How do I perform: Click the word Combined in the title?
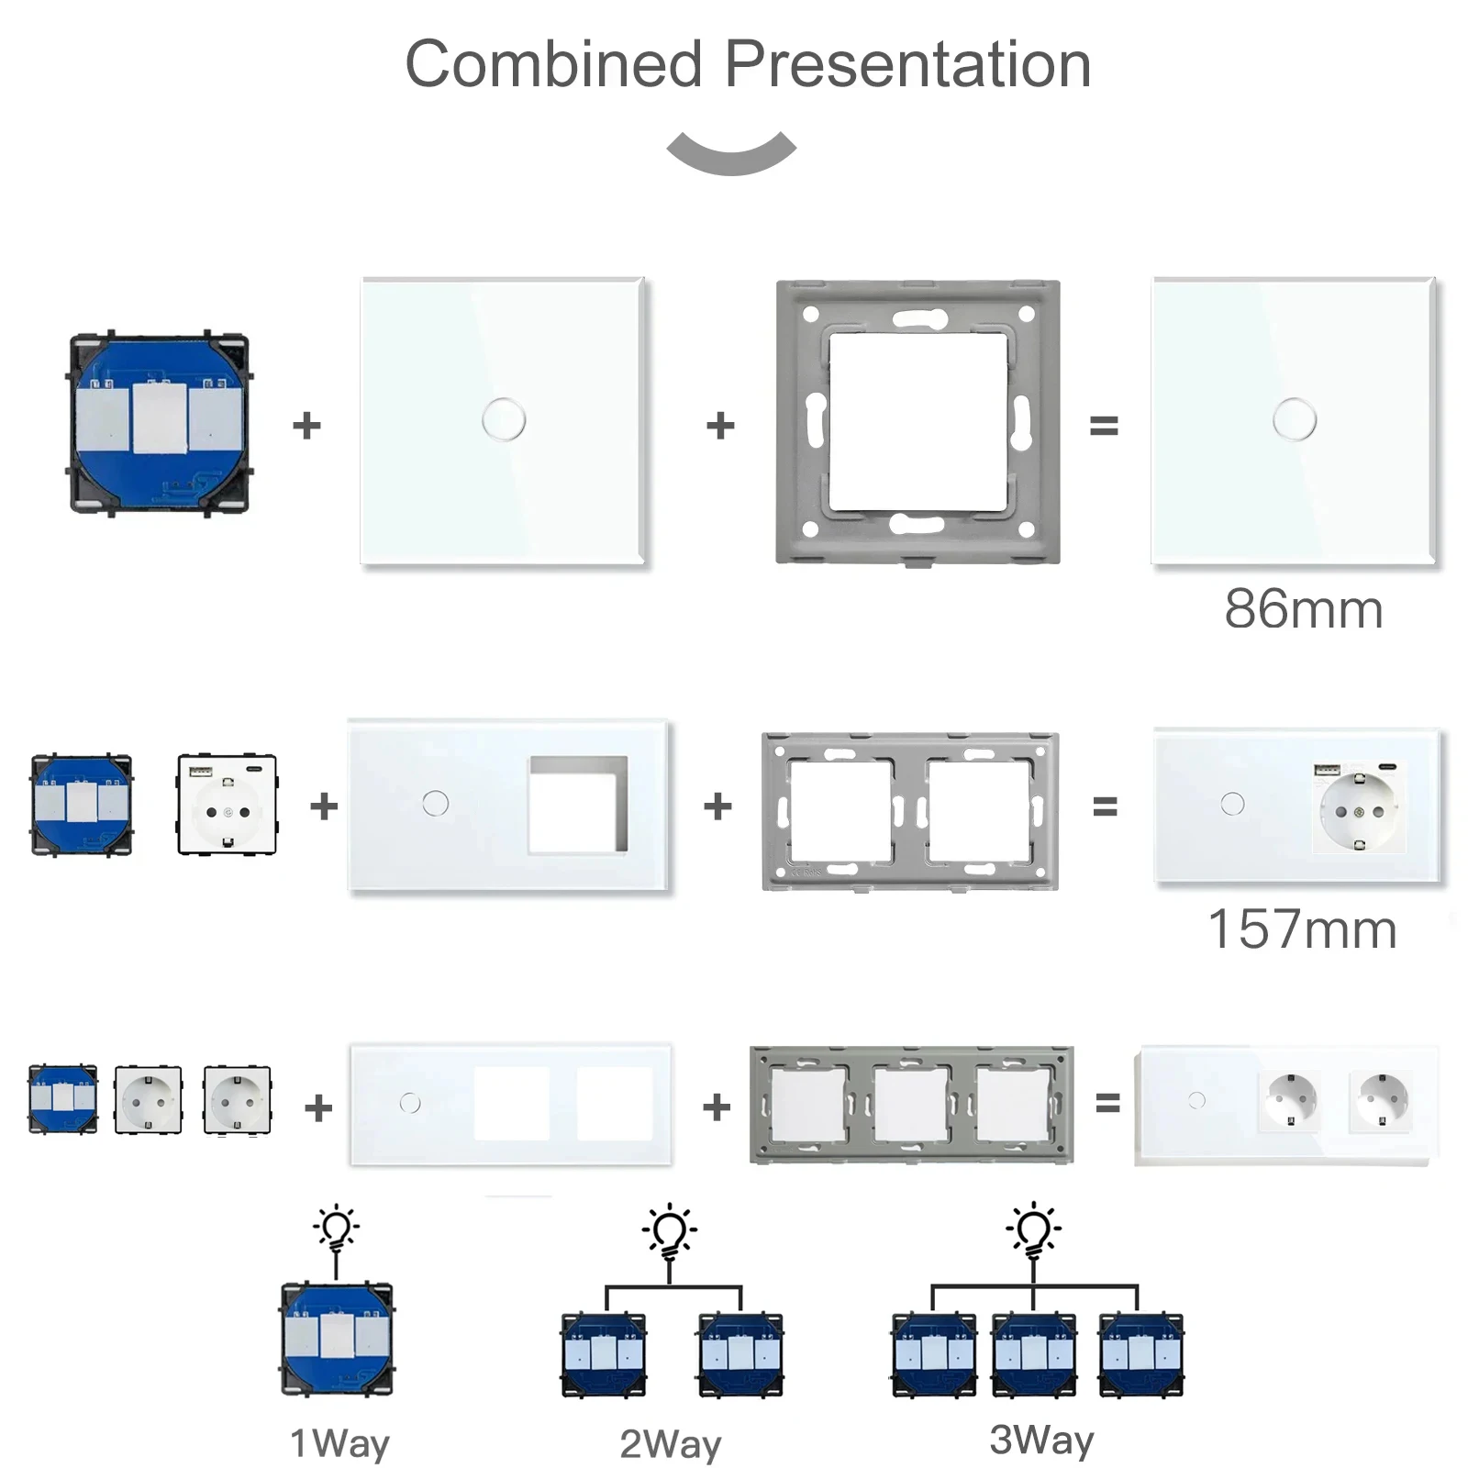(553, 65)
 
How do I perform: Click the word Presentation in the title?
(907, 65)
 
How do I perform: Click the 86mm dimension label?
(1303, 609)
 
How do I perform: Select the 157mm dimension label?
(1302, 929)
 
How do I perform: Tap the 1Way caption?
(339, 1443)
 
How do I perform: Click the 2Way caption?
(671, 1443)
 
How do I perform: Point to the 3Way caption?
(1041, 1440)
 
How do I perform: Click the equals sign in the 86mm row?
(1104, 425)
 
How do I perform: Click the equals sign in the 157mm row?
(1105, 806)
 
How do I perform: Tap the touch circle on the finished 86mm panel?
(1295, 420)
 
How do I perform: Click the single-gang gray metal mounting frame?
(917, 423)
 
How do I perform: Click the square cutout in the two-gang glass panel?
(578, 805)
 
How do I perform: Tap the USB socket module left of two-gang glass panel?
(227, 805)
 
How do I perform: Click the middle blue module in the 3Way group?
(1034, 1354)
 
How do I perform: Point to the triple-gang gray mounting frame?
(911, 1105)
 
